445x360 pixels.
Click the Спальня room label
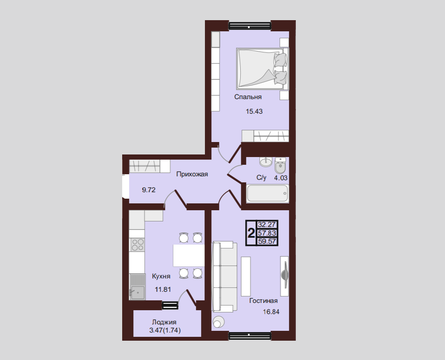248,97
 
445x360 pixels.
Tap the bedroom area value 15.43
254,112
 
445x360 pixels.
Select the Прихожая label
192,174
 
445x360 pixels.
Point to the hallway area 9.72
149,190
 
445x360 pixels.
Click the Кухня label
161,276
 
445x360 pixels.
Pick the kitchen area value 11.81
163,290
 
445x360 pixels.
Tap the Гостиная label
263,301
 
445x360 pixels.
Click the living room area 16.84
271,312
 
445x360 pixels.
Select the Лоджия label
164,322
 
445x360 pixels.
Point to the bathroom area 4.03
281,178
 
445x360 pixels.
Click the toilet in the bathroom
280,165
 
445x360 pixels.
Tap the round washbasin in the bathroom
266,162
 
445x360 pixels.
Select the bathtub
268,194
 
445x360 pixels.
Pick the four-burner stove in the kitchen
137,245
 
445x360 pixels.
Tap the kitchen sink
137,286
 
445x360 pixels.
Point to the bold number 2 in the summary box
251,233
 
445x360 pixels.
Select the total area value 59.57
267,242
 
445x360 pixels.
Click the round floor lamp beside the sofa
218,322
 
